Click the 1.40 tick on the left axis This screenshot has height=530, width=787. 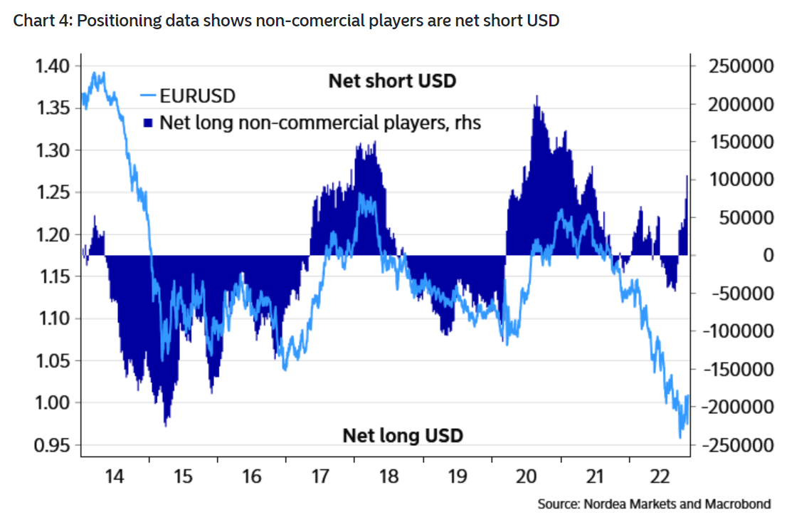(x=52, y=66)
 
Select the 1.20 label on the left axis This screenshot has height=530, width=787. (x=52, y=235)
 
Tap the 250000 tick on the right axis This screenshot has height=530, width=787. (x=741, y=66)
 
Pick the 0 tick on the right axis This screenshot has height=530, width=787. (x=768, y=255)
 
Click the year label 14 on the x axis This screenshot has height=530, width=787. (x=115, y=477)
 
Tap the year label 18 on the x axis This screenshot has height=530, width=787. (x=389, y=477)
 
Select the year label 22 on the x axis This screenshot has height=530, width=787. (x=663, y=477)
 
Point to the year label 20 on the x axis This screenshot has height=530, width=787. (x=526, y=477)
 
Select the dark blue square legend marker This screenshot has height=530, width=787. (x=148, y=123)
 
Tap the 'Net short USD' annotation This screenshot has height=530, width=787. (x=391, y=80)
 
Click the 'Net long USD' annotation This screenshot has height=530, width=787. (x=403, y=435)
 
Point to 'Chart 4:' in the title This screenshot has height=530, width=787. (x=42, y=21)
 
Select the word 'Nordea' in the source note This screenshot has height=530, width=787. (x=604, y=504)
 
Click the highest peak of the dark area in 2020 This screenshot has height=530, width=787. (x=537, y=96)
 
